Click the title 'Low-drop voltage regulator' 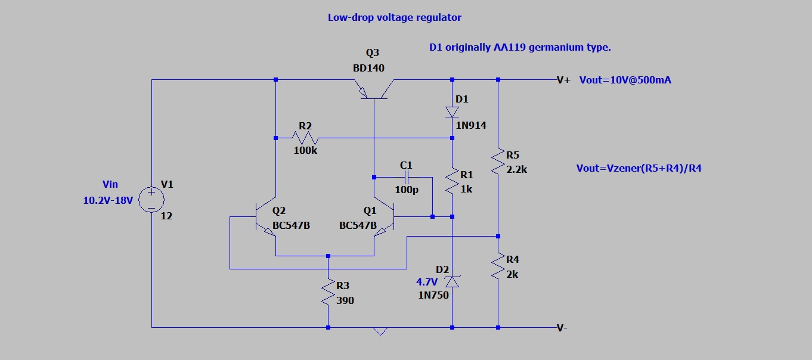[x=394, y=17]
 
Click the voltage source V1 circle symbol [x=151, y=199]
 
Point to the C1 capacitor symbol [x=407, y=177]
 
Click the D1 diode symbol [x=452, y=111]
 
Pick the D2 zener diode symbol [x=452, y=281]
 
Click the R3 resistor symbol [x=328, y=293]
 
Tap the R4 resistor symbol [x=498, y=266]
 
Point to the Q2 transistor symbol [x=266, y=217]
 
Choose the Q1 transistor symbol [x=385, y=217]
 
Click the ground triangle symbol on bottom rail [x=380, y=331]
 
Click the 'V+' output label [x=563, y=80]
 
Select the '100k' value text [x=305, y=151]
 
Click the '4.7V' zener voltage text [x=427, y=282]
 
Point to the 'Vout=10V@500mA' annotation [x=625, y=80]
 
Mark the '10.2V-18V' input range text [x=108, y=201]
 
